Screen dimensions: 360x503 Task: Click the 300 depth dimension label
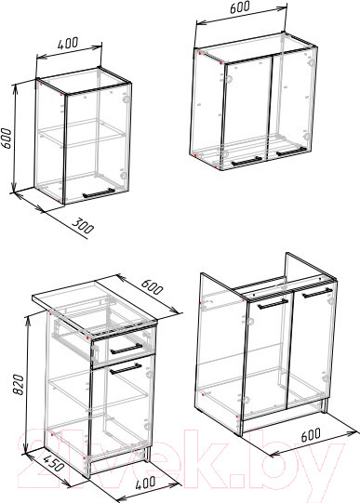coord(82,226)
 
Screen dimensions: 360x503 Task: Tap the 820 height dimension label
coord(18,384)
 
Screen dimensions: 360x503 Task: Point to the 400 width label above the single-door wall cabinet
coord(67,44)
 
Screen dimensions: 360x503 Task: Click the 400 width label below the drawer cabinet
coord(145,483)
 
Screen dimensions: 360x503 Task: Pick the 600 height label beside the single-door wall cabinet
coord(7,139)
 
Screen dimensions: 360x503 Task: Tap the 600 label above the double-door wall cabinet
coord(240,7)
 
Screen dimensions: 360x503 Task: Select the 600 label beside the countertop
coord(152,286)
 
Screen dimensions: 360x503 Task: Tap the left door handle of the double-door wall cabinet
coord(246,162)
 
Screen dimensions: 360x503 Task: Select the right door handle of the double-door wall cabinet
coord(291,152)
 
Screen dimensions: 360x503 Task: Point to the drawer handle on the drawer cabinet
coord(127,349)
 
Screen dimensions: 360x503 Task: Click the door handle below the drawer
coord(126,369)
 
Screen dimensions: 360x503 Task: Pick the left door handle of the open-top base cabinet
coord(273,304)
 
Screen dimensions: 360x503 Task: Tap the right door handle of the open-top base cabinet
coord(317,293)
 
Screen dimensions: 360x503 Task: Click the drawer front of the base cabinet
coord(123,349)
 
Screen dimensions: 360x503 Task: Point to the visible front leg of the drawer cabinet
coord(148,454)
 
